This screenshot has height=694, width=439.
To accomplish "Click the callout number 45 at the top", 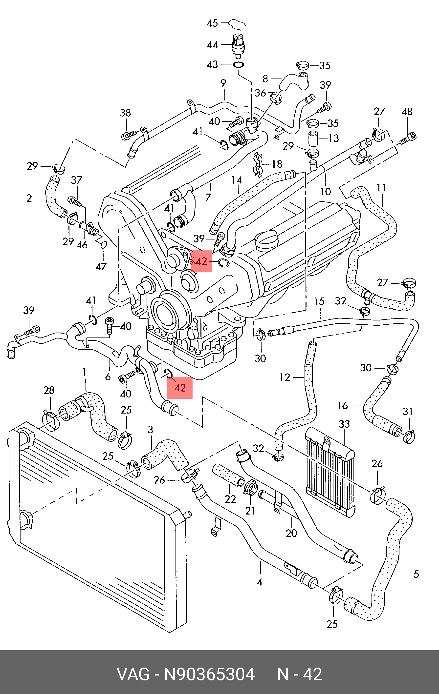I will pyautogui.click(x=212, y=23).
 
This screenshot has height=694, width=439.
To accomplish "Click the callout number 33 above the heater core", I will pyautogui.click(x=344, y=424).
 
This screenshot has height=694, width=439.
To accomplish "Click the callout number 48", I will pyautogui.click(x=407, y=112).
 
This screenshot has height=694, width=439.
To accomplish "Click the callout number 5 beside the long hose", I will pyautogui.click(x=416, y=574).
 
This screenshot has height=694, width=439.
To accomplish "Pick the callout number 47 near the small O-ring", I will pyautogui.click(x=101, y=267).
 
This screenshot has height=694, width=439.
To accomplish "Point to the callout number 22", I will pyautogui.click(x=230, y=499).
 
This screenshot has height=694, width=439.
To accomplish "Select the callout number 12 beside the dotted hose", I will pyautogui.click(x=285, y=377).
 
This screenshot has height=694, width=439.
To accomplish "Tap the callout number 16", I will pyautogui.click(x=342, y=405).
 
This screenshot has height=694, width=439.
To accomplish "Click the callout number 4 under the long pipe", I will pyautogui.click(x=260, y=582).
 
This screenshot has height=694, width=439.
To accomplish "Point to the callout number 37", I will pyautogui.click(x=76, y=180).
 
